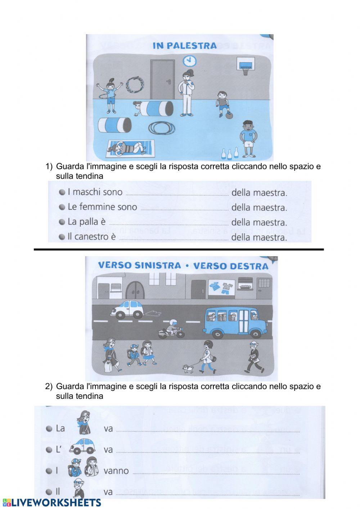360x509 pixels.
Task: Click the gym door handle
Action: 168,82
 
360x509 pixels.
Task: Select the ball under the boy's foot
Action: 229,116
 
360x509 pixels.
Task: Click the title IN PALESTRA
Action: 185,46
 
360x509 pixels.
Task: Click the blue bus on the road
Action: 235,322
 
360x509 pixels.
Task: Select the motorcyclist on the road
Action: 171,329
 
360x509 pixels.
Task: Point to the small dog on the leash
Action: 187,368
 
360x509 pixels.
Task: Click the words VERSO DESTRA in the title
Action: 231,266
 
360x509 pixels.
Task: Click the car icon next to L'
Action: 82,447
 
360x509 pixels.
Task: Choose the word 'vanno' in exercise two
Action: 116,471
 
